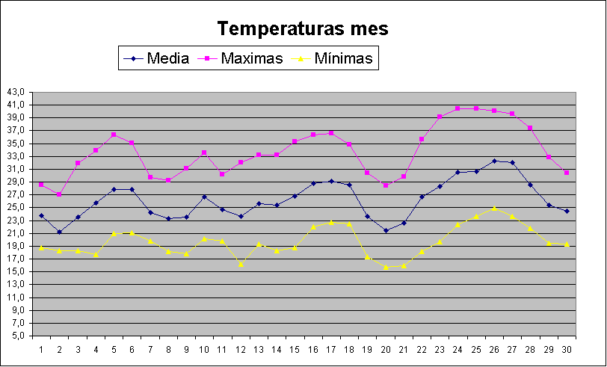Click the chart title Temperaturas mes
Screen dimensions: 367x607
click(x=303, y=29)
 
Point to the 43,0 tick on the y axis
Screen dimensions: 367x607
click(x=16, y=92)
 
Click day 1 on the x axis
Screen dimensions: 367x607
click(x=41, y=349)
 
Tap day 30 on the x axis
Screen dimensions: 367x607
click(x=567, y=349)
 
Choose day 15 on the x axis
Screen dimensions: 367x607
click(x=295, y=349)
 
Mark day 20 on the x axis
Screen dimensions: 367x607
click(x=386, y=349)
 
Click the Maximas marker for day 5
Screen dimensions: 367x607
click(x=114, y=135)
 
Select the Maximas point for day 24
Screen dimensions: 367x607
click(x=457, y=108)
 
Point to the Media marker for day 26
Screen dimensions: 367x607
click(x=494, y=161)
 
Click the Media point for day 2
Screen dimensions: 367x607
click(x=59, y=232)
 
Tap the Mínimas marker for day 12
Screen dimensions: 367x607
click(x=241, y=264)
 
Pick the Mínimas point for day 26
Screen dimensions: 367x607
click(x=494, y=209)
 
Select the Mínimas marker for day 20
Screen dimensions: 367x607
click(x=386, y=267)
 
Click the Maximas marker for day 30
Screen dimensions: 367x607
click(x=567, y=173)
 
